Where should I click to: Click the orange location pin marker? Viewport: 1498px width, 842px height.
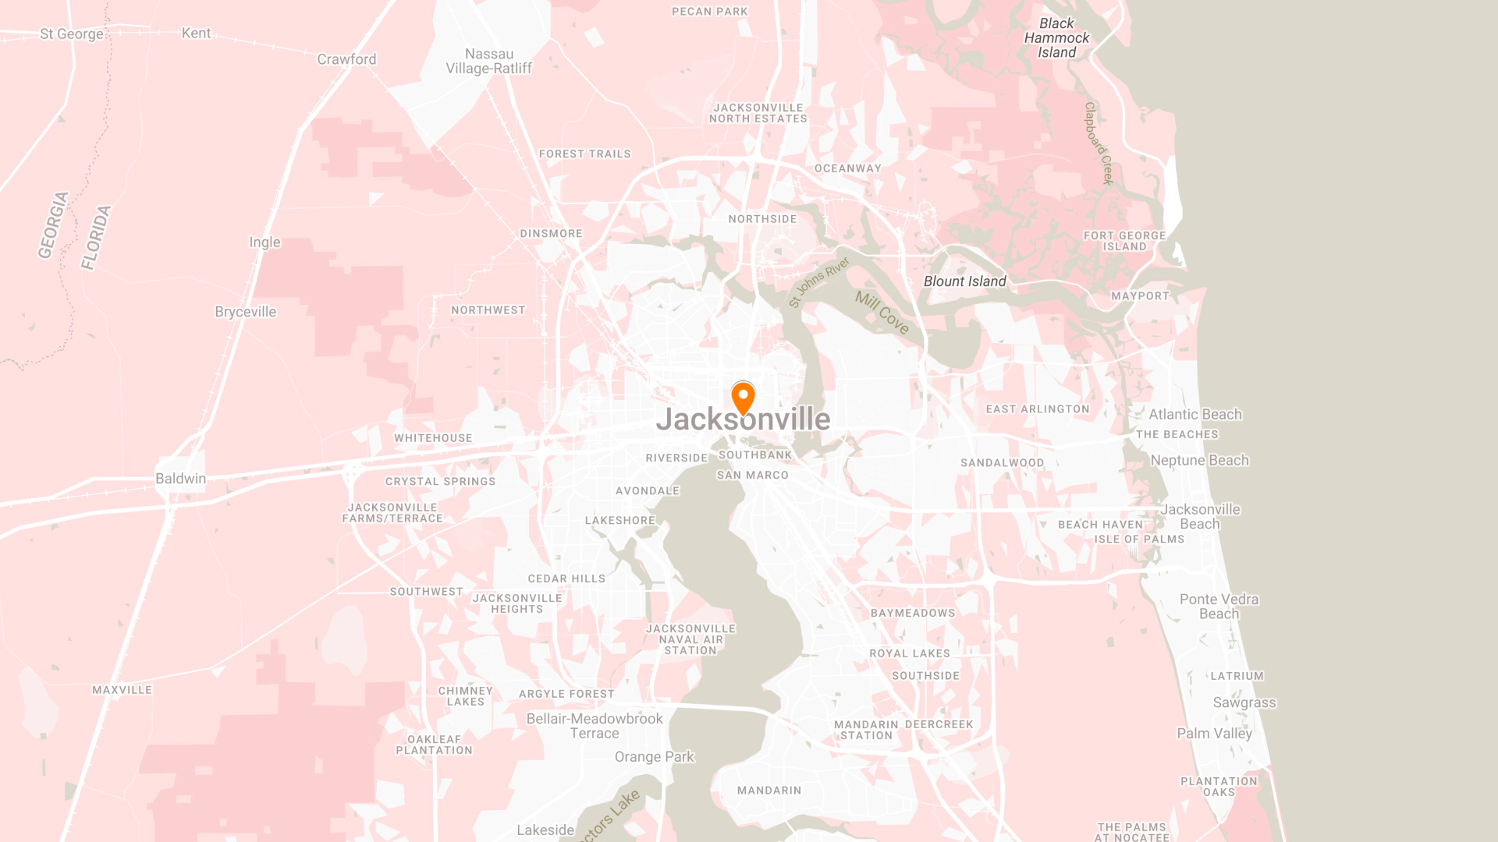pos(743,397)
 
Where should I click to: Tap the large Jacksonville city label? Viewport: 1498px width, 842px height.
pos(743,419)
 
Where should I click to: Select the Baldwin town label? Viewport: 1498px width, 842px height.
pos(180,479)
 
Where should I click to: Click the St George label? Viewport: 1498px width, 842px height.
pos(72,34)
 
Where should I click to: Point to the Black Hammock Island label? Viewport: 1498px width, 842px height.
pos(1056,38)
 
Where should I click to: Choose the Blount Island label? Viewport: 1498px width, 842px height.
pos(964,281)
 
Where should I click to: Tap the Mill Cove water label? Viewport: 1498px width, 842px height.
pos(882,313)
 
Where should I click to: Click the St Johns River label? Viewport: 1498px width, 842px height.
pos(818,281)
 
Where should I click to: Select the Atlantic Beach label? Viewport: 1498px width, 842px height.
pos(1194,415)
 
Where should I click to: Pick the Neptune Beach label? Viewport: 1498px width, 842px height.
pos(1199,461)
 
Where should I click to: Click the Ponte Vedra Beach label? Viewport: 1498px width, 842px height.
pos(1219,607)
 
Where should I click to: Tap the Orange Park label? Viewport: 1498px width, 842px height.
pos(654,757)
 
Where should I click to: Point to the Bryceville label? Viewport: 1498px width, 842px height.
pos(245,312)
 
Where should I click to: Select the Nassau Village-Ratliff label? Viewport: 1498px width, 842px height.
pos(488,61)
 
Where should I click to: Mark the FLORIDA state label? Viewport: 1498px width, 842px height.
pos(97,237)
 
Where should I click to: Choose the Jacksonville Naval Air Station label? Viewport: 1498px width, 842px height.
pos(690,639)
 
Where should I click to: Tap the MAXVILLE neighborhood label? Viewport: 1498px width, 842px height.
pos(122,690)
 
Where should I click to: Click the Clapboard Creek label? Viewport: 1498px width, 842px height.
pos(1099,143)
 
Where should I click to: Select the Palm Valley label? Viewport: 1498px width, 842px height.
pos(1214,734)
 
